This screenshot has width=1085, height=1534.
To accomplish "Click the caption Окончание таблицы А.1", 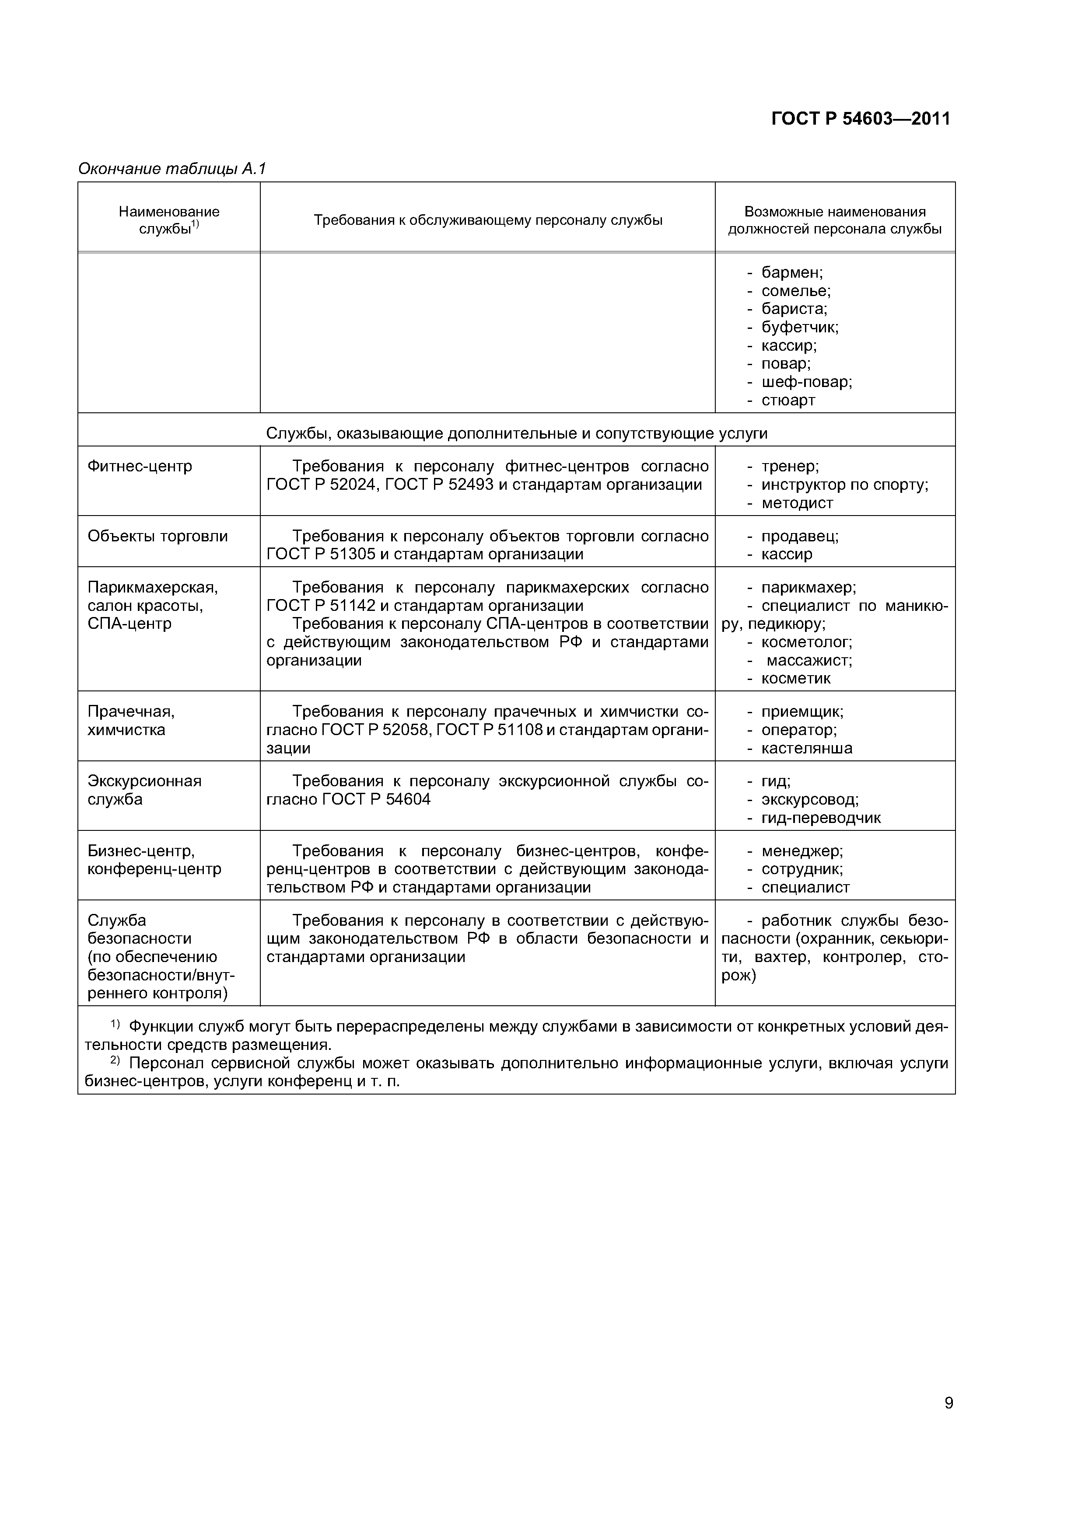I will coord(172,169).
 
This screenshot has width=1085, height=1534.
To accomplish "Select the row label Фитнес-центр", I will coord(140,466).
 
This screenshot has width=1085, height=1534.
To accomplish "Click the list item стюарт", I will coord(788,400).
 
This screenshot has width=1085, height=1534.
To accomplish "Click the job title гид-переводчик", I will coord(821,818).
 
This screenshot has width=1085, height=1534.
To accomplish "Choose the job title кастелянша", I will coord(807,748).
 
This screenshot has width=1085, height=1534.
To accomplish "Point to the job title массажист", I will coord(809,660).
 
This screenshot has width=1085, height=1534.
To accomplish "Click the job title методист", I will coord(797,503).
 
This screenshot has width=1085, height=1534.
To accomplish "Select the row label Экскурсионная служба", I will coord(144,790).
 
